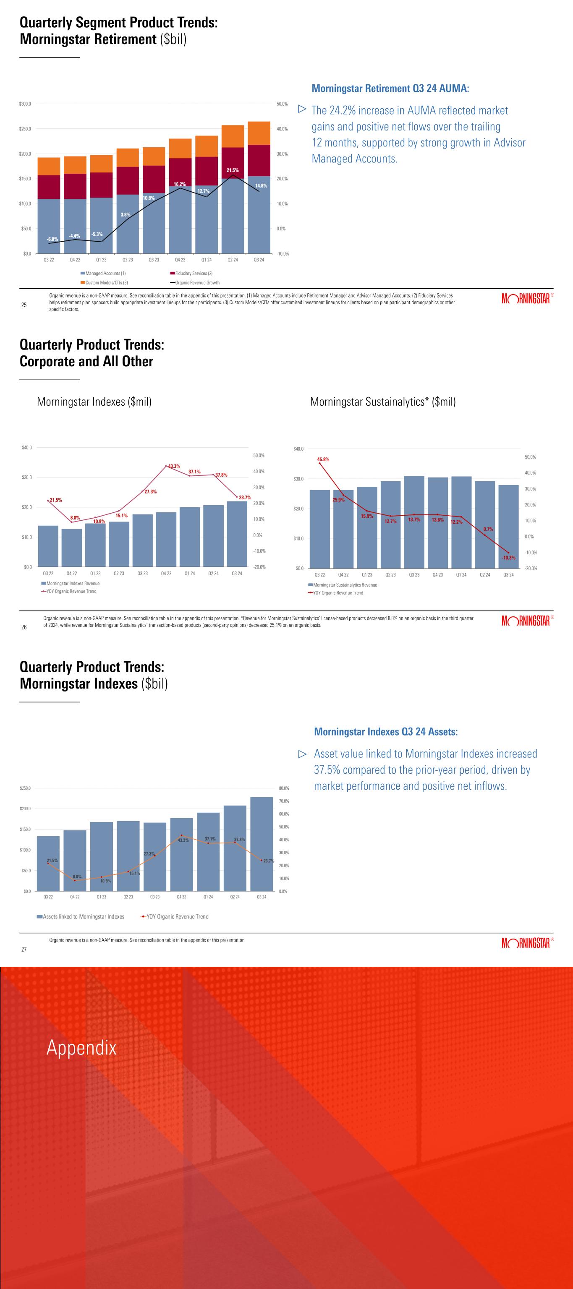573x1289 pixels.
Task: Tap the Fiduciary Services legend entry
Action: coord(193,273)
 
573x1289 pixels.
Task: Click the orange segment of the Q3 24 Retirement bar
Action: coord(259,133)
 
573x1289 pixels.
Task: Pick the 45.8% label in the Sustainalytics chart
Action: coord(323,459)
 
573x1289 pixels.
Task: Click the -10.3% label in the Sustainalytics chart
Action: coord(508,558)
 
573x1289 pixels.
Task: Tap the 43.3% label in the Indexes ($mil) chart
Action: coord(174,466)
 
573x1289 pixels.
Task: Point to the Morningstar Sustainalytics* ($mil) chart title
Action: coord(383,401)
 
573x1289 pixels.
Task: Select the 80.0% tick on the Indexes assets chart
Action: coord(284,788)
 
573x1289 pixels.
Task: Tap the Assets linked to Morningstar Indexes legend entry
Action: coord(83,917)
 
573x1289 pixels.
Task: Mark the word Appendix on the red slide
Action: coord(81,1047)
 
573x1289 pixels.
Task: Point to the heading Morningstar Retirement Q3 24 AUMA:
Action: coord(390,89)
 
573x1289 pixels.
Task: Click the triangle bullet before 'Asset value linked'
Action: coord(302,754)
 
